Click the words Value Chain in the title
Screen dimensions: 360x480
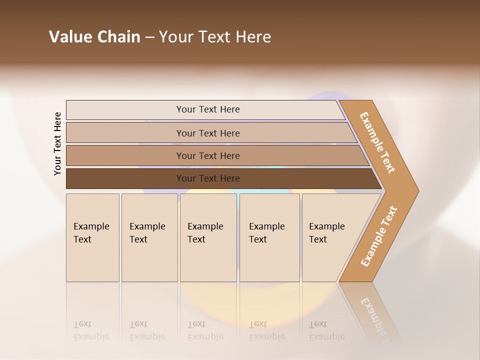click(94, 37)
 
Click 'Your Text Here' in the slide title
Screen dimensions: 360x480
click(215, 37)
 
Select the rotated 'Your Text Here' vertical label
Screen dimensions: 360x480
click(57, 143)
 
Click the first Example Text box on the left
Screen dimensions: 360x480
click(92, 237)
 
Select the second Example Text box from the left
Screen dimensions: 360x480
click(149, 237)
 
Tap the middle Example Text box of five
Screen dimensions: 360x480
click(208, 237)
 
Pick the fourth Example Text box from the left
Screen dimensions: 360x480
click(269, 237)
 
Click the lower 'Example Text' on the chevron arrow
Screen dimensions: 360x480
click(379, 236)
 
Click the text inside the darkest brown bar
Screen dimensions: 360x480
click(208, 178)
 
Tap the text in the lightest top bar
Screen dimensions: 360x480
click(208, 109)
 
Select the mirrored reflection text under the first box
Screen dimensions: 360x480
click(91, 330)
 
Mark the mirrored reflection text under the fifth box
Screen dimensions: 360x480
click(326, 330)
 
